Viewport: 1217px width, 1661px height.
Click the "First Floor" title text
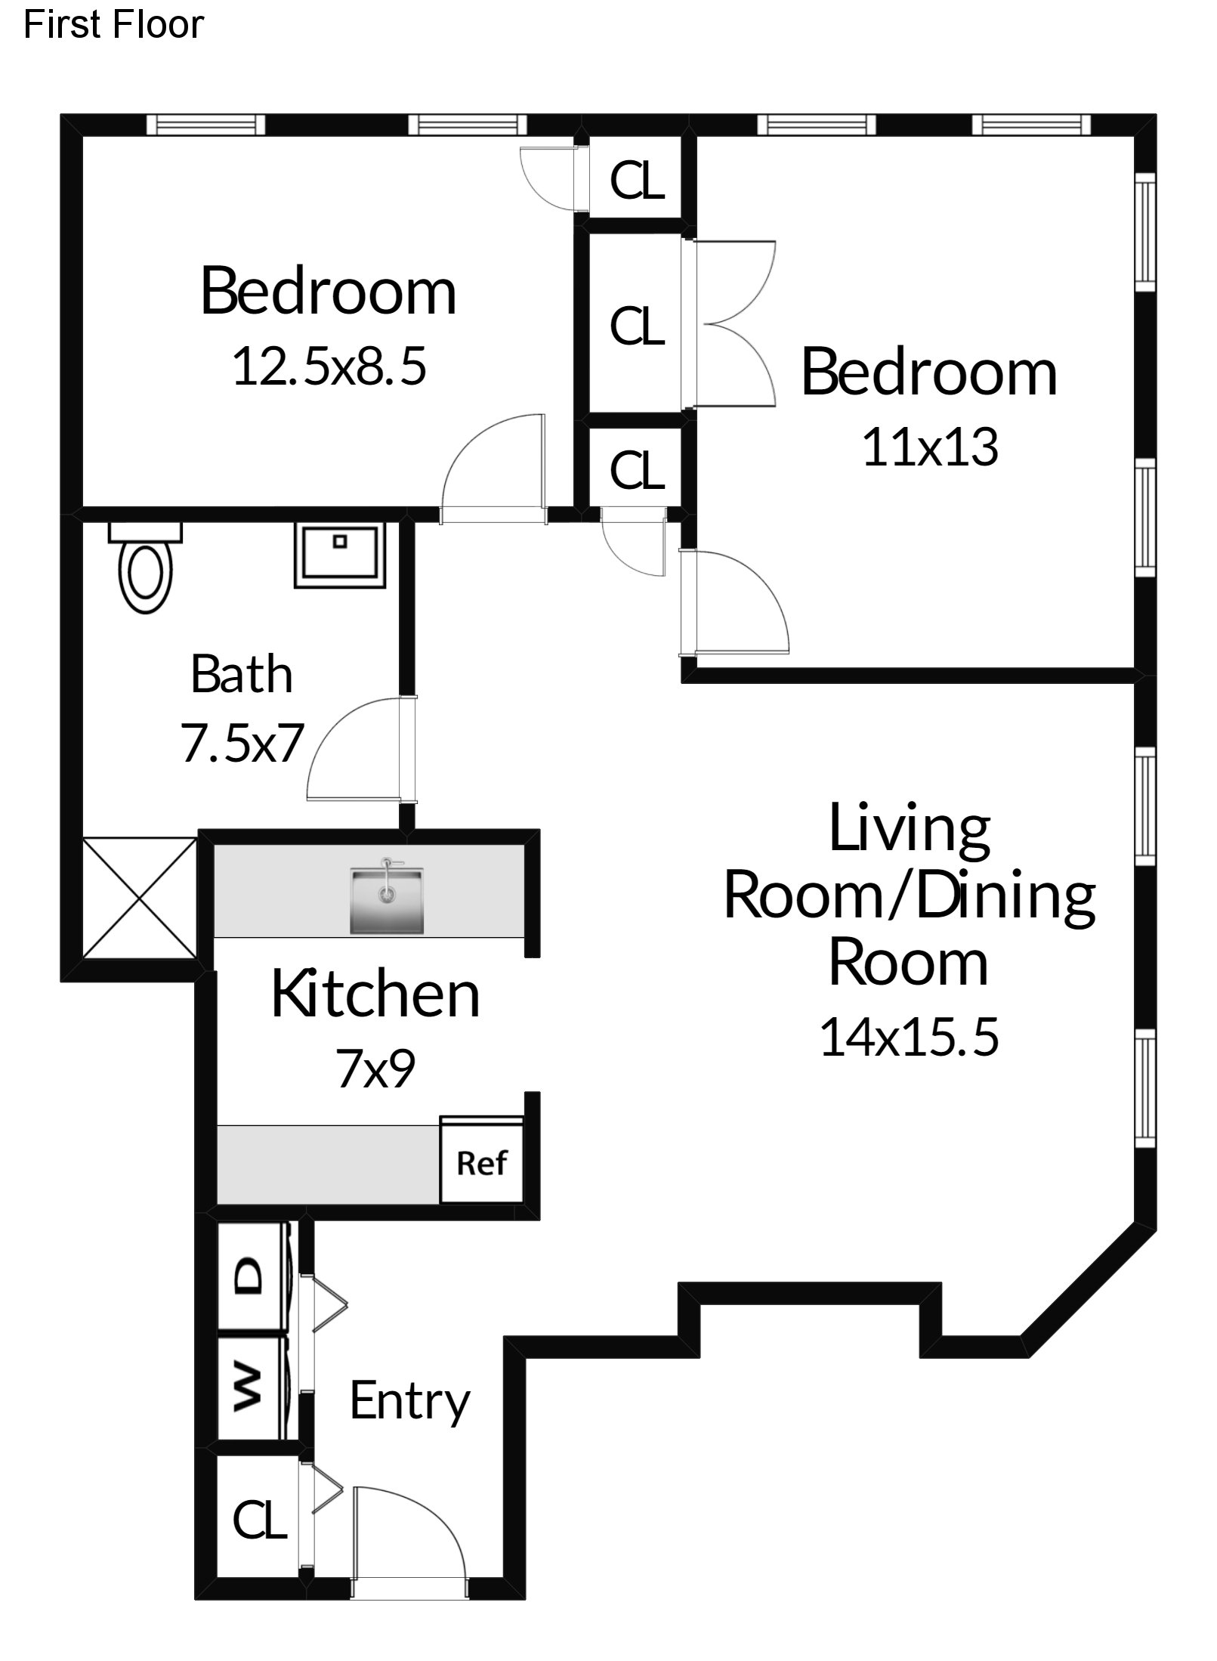tap(113, 24)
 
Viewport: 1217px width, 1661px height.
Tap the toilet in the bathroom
tap(146, 567)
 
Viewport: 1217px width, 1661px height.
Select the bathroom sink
tap(340, 555)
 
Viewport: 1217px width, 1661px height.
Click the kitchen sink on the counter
tap(386, 900)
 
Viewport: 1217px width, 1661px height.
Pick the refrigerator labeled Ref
tap(482, 1163)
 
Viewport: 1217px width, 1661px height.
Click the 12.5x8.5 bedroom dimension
tap(329, 366)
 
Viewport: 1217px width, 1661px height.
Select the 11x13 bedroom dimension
tap(930, 447)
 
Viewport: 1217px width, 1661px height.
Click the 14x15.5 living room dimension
tap(910, 1036)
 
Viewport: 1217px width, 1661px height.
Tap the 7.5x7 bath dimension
tap(242, 743)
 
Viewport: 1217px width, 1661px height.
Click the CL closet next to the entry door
tap(260, 1520)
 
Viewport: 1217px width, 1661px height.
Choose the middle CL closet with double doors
tap(637, 326)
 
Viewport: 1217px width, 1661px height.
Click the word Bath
tap(242, 674)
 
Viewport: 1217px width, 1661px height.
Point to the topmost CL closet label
tap(637, 181)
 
